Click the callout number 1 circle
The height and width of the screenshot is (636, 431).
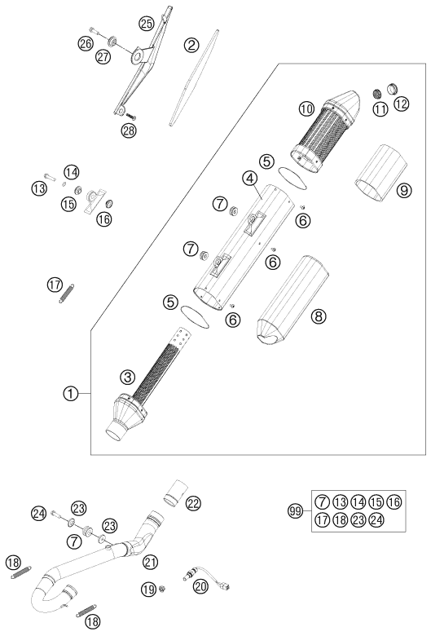point(71,393)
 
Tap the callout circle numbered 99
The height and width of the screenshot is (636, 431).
point(296,511)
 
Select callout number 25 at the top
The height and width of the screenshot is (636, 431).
point(147,24)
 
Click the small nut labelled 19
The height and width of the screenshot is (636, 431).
point(163,588)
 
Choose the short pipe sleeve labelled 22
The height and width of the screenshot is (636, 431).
point(174,492)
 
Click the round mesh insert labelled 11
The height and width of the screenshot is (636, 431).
point(377,94)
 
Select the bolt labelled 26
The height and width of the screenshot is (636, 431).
point(93,31)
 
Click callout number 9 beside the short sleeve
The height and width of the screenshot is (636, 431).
point(403,189)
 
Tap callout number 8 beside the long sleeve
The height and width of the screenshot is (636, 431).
point(319,316)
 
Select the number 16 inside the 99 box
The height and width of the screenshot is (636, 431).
point(394,502)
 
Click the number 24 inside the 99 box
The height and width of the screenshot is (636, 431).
point(376,519)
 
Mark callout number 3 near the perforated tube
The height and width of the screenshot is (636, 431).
point(127,378)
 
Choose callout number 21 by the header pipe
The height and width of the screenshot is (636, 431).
point(150,562)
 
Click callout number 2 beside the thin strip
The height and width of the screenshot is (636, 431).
point(191,45)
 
